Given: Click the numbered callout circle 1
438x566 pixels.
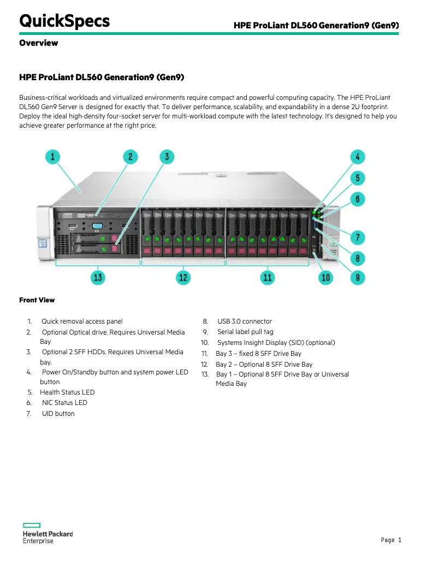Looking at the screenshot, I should tap(52, 157).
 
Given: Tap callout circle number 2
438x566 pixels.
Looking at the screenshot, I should tap(130, 157).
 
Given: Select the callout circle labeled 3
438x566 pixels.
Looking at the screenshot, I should tap(167, 157).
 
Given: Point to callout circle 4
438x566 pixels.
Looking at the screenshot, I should tap(357, 157).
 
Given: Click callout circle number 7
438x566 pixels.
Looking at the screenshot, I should tap(357, 237).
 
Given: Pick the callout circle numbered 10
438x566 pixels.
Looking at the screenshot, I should tap(325, 277).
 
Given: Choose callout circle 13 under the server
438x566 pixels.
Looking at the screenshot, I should tap(98, 277).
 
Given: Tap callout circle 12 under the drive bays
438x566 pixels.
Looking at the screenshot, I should tap(183, 277).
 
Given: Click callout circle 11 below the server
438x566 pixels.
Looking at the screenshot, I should tap(267, 277).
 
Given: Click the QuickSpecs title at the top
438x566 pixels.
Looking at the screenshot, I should tap(64, 21).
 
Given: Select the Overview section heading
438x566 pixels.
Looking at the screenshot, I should tap(38, 43).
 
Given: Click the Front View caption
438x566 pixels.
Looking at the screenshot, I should tap(37, 300).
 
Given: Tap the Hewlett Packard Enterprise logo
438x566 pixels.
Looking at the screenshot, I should tap(48, 533).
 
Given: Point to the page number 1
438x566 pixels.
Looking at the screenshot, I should tap(400, 540).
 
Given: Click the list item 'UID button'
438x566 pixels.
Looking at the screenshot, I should tap(58, 414).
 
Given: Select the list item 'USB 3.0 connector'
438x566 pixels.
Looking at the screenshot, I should tap(244, 321).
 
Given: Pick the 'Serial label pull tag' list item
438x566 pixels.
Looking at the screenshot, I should tap(245, 332).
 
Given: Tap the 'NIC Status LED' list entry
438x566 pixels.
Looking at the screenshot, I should tap(64, 403).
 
